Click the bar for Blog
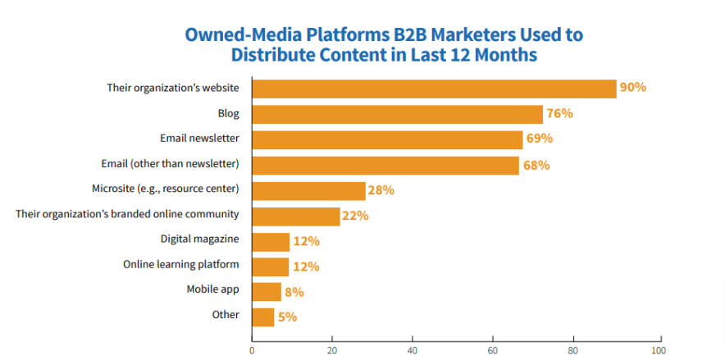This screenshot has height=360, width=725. point(397,114)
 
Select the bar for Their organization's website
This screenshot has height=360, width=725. point(434,89)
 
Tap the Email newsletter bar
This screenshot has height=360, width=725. point(387,139)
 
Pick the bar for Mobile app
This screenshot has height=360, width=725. point(267,292)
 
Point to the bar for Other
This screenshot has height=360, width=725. point(262,317)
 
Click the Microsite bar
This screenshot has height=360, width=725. point(308,190)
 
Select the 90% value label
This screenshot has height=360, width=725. point(633,88)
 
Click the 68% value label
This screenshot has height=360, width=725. point(536,165)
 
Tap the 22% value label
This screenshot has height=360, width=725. point(356,216)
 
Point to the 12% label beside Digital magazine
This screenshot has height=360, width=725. point(306,241)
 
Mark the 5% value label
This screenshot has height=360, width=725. point(287,317)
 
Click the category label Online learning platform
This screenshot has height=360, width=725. point(181,264)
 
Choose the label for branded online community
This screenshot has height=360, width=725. point(128,213)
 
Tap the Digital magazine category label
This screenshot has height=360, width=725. point(200,239)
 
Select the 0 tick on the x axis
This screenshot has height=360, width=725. point(252,351)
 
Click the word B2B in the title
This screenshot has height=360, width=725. point(407,35)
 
